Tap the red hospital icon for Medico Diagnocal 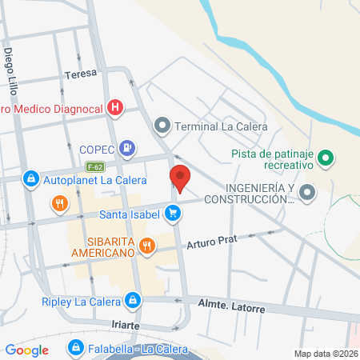point(116,106)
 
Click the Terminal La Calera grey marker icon point(162,125)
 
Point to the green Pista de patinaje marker point(326,158)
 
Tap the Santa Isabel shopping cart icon point(172,214)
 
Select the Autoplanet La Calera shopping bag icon point(31,178)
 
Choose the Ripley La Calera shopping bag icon point(132,302)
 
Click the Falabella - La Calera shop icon point(75,347)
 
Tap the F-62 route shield point(96,166)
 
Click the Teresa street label point(81,73)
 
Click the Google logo point(26,350)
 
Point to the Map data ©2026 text point(325,354)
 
